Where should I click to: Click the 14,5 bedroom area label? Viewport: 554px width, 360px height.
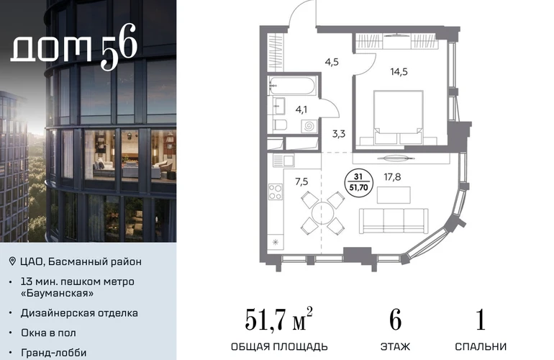click(399, 72)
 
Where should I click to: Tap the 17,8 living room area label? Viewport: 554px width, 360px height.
click(392, 177)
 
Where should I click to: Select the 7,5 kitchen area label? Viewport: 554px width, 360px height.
click(301, 181)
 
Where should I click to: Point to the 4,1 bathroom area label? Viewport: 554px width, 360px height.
click(301, 109)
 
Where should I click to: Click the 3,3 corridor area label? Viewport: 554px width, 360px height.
click(338, 134)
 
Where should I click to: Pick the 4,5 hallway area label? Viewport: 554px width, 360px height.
click(332, 62)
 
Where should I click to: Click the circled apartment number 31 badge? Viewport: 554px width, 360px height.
click(358, 182)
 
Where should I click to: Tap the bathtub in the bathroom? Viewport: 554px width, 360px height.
click(291, 86)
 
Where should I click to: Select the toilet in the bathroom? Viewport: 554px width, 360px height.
click(280, 125)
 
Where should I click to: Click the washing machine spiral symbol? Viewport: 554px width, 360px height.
click(309, 126)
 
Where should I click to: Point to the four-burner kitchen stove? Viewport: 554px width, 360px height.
click(276, 192)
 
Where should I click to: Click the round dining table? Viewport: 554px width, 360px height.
click(322, 213)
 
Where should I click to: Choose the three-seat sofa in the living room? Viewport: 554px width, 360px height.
click(394, 220)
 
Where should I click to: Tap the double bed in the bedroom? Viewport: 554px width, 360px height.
click(399, 117)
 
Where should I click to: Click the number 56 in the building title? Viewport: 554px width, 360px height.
click(119, 46)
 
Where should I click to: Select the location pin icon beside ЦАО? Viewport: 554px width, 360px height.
click(12, 261)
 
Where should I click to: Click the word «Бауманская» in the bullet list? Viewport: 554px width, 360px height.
click(58, 293)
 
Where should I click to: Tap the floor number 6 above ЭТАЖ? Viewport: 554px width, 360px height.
click(396, 320)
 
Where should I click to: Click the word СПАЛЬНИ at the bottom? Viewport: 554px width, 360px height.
click(481, 346)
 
